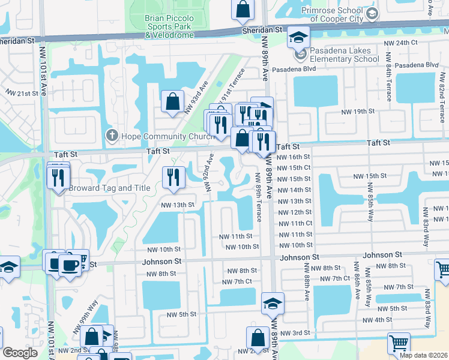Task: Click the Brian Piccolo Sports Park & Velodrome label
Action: [x=169, y=27]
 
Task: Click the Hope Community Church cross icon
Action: [x=110, y=136]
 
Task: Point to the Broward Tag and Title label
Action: [x=109, y=188]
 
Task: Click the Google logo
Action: [x=20, y=353]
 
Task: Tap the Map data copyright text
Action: [x=423, y=355]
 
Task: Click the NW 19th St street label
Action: [x=360, y=112]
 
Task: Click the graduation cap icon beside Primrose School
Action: [x=372, y=14]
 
